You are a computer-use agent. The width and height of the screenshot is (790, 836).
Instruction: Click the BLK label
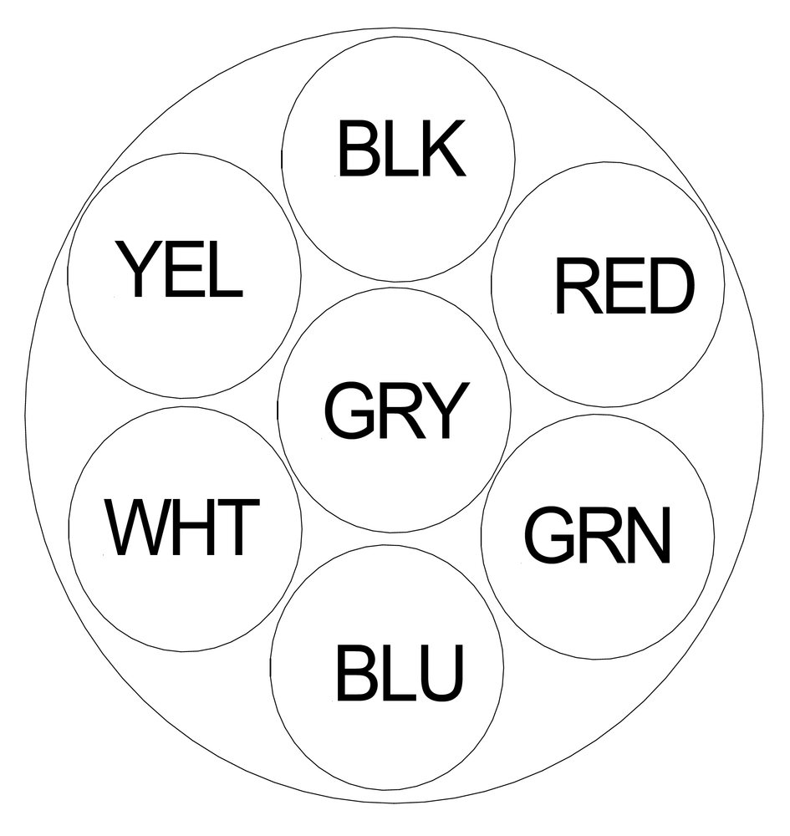[x=400, y=150]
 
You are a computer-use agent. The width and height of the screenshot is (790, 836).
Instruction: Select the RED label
[x=624, y=287]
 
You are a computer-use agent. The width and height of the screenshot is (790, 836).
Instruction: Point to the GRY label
[x=394, y=410]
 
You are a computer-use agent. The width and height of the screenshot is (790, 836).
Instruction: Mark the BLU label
[x=399, y=673]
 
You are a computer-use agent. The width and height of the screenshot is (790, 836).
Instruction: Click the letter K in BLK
[x=442, y=150]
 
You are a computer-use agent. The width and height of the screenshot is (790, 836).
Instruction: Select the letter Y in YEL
[x=137, y=269]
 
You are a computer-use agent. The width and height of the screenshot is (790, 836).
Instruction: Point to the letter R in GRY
[x=395, y=410]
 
